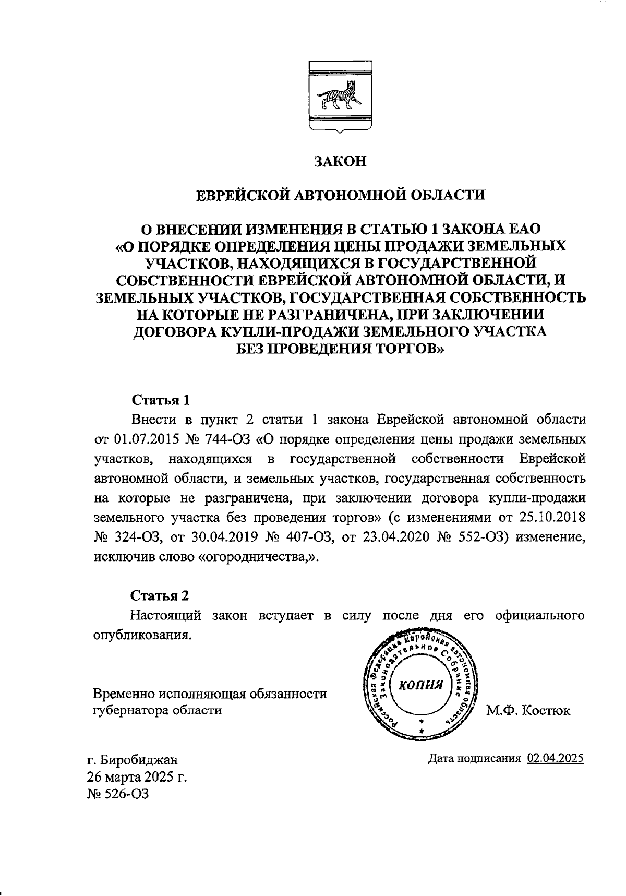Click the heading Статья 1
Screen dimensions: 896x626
[160, 400]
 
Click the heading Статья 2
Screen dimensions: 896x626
[160, 595]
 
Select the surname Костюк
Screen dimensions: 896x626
[547, 710]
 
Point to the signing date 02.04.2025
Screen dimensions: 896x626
[555, 758]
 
